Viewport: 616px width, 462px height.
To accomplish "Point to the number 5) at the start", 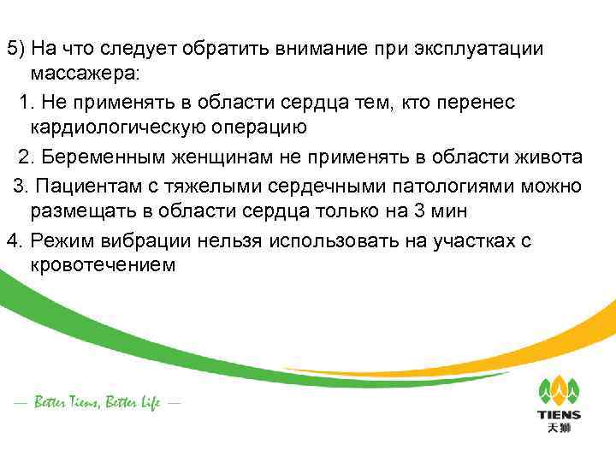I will [15, 48].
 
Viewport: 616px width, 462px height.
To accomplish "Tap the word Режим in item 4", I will [55, 240].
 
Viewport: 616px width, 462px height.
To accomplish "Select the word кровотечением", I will [103, 266].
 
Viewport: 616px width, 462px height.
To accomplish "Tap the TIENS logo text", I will [559, 415].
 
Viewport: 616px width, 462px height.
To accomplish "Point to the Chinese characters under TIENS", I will [559, 428].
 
